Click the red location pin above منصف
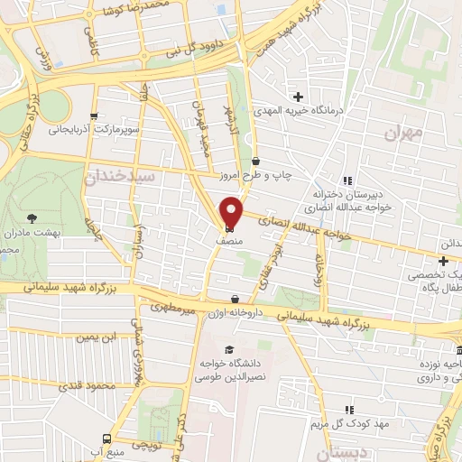coord(232,211)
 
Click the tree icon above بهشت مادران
coord(32,217)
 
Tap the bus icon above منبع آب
coord(106,436)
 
